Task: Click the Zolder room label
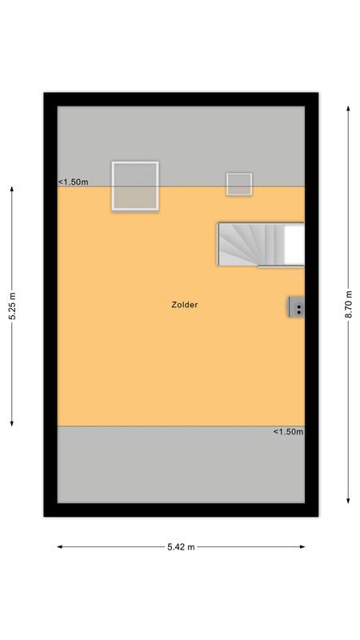tap(184, 305)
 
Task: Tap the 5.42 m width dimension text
tap(180, 547)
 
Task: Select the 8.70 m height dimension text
tap(349, 305)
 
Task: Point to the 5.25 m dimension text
tap(12, 306)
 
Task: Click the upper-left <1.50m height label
tap(73, 182)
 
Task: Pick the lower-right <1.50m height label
tap(288, 432)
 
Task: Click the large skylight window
tap(135, 186)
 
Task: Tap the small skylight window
tap(238, 184)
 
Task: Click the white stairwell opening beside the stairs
tap(294, 243)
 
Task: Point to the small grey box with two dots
tap(297, 307)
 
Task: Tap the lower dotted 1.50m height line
tap(160, 426)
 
